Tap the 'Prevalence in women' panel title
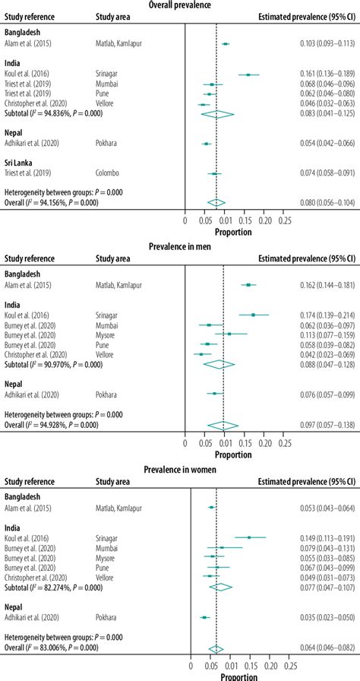[x=180, y=470]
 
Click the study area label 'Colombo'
[x=109, y=174]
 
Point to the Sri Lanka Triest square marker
[x=215, y=174]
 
